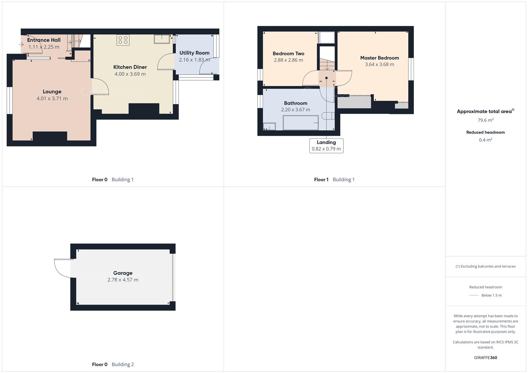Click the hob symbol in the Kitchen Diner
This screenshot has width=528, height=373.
[123, 40]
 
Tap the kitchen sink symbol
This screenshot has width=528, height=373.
[162, 39]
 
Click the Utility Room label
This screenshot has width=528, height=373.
[194, 53]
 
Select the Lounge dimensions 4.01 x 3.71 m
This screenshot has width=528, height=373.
[52, 98]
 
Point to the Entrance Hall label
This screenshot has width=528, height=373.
[44, 40]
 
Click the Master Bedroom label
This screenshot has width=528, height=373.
[379, 58]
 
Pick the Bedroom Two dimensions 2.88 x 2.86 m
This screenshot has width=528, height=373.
[288, 60]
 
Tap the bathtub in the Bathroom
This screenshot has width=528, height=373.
[300, 123]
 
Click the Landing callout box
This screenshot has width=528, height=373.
[326, 145]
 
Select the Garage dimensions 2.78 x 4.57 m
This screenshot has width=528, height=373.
[123, 280]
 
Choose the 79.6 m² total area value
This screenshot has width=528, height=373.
[485, 120]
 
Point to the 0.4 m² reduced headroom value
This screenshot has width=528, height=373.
[485, 140]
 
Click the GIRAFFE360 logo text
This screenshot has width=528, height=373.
[485, 358]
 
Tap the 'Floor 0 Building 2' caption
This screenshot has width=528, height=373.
[113, 364]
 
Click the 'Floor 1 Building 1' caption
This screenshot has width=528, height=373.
[334, 180]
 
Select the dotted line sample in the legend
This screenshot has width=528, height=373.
[474, 295]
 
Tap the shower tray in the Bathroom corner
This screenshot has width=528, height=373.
[269, 126]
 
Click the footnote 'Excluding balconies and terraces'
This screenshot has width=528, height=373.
[485, 266]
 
